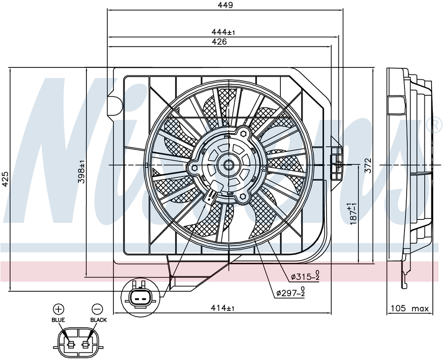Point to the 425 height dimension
tap(5, 179)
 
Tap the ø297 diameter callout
tap(291, 293)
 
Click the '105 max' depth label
tap(409, 308)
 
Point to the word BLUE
tap(58, 320)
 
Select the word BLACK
tap(98, 320)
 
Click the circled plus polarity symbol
tap(58, 309)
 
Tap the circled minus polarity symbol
tap(97, 309)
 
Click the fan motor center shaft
tap(229, 165)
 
